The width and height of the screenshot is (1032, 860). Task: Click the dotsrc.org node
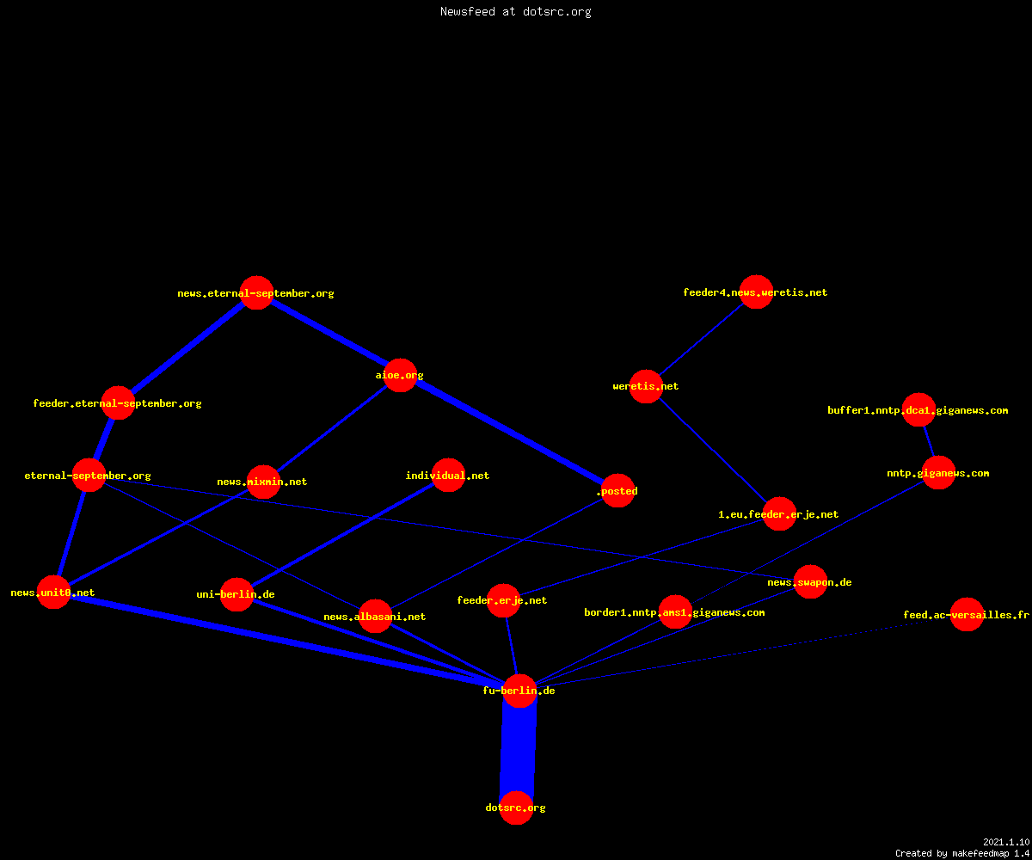click(516, 808)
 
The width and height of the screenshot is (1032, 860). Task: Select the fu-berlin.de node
click(519, 691)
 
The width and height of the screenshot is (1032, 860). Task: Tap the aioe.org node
click(400, 375)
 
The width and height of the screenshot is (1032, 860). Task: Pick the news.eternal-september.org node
click(256, 292)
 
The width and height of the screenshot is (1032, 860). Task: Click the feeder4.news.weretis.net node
click(756, 292)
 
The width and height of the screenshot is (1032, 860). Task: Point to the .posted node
click(617, 490)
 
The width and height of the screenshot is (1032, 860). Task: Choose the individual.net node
click(448, 475)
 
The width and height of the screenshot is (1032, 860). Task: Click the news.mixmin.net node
click(263, 482)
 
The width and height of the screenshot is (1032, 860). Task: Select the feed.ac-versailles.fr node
click(967, 614)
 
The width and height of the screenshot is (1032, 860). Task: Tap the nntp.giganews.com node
click(938, 472)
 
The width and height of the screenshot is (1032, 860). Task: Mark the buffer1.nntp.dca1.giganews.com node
click(918, 409)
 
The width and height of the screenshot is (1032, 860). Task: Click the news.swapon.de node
click(810, 581)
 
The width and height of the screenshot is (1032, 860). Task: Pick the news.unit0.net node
click(53, 593)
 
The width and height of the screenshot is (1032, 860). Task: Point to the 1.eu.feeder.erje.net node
click(779, 513)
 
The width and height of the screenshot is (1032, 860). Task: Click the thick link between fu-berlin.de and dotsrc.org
click(518, 749)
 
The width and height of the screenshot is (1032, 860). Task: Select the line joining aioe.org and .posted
click(509, 433)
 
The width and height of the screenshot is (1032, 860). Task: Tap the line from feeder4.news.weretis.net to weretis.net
click(702, 339)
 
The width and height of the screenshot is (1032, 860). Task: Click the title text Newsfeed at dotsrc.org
click(515, 12)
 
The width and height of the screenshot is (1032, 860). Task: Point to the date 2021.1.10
click(1006, 842)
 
